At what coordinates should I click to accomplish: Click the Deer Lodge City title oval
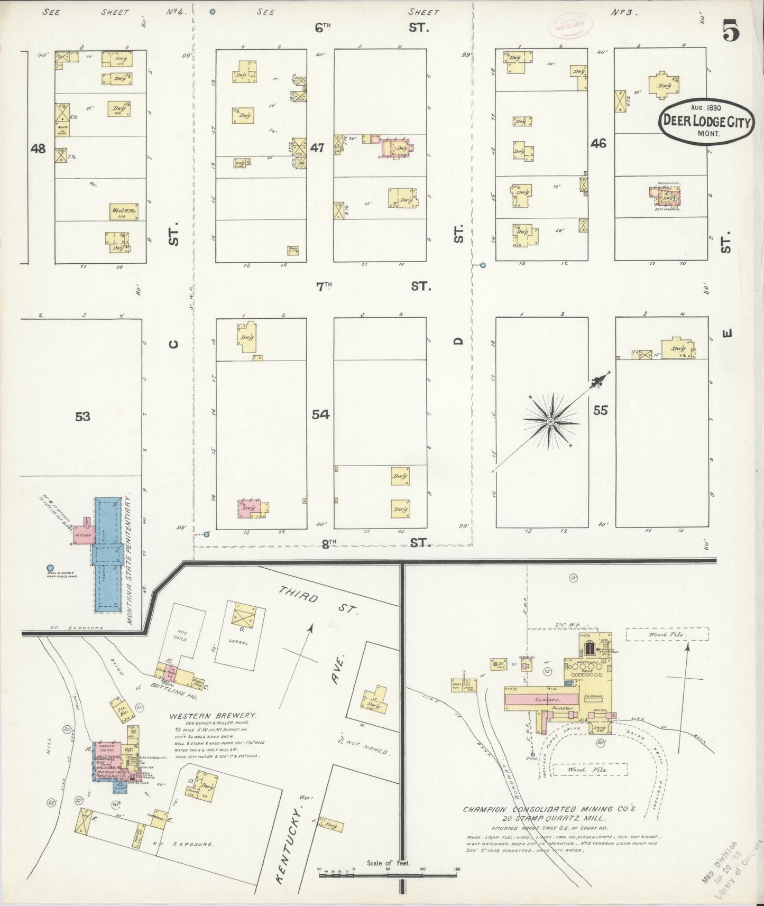(x=706, y=120)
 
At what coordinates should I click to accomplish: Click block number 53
(x=82, y=417)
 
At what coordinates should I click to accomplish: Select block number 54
(x=320, y=414)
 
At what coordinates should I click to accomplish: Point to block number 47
(x=317, y=148)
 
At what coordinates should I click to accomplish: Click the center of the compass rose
(x=550, y=421)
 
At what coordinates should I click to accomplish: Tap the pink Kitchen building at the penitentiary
(x=84, y=534)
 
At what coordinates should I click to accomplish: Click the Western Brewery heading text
(x=213, y=716)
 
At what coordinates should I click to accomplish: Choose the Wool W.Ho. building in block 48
(x=124, y=212)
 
